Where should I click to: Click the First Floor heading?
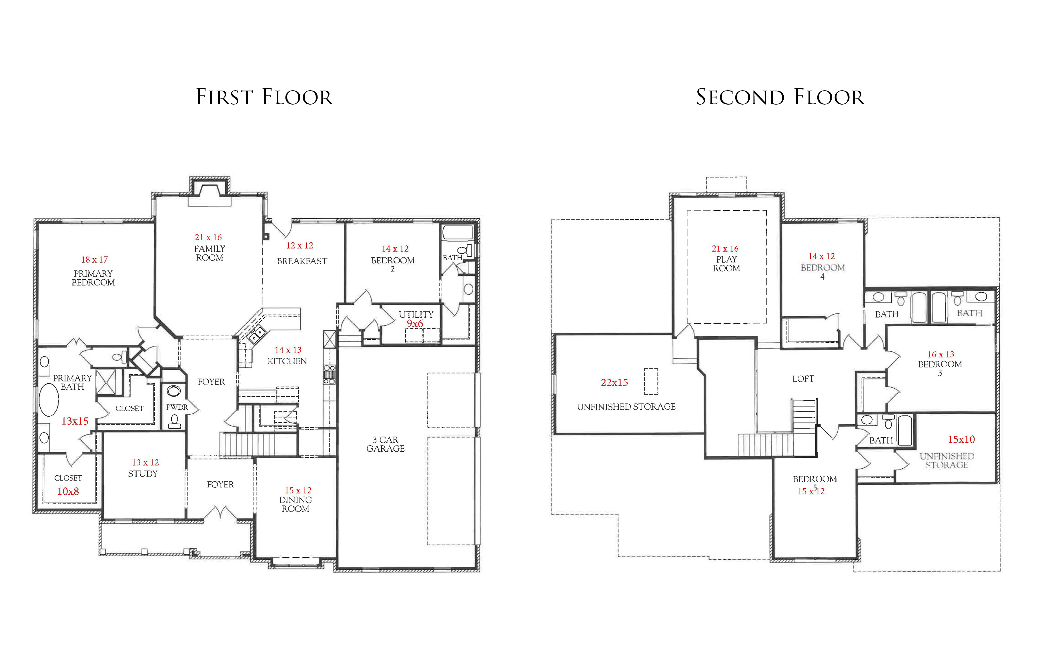point(265,97)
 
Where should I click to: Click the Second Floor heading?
point(780,97)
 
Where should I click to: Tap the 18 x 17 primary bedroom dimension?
point(94,260)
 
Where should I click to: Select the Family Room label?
point(209,253)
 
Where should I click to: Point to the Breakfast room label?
point(302,261)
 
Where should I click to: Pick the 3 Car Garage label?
point(386,444)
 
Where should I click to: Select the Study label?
point(143,474)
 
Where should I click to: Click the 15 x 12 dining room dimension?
point(298,490)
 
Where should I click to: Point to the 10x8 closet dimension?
point(68,491)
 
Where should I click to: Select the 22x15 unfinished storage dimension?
point(614,383)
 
